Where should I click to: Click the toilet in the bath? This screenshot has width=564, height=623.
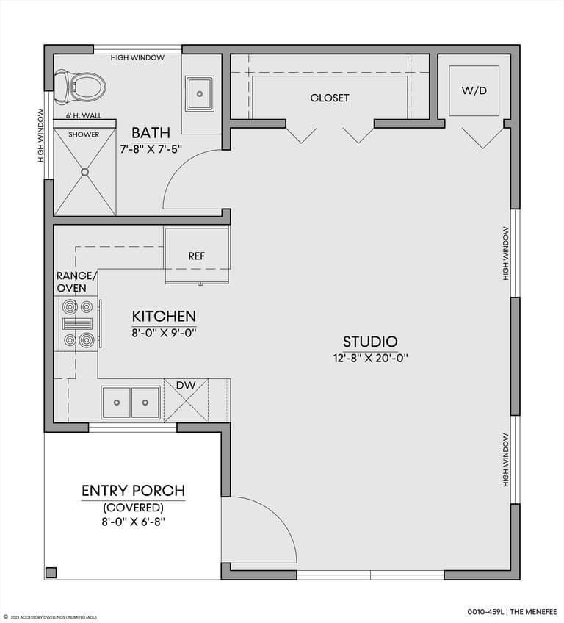pos(80,87)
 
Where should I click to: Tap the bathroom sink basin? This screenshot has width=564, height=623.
pos(200,94)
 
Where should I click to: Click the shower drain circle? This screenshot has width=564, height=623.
pos(84,172)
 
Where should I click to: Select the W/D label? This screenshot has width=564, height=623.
pos(474,90)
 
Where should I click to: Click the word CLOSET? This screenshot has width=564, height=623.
pos(330,98)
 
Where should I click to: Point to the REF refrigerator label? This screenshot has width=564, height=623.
pos(197,256)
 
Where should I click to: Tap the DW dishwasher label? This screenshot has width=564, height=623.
pos(186,385)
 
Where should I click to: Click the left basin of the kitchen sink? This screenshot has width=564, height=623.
pos(116,403)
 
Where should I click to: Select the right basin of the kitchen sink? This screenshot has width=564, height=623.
pos(145,403)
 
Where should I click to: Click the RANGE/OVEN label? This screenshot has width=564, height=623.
pos(76,281)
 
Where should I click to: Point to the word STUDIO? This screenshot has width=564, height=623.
pos(370,342)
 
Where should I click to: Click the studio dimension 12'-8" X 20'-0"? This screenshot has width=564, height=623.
pos(371,358)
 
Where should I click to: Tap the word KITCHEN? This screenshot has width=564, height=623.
pos(164,316)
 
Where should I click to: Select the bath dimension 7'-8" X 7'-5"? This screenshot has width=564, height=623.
pos(151,149)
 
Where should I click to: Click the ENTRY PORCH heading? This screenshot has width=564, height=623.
pos(134,491)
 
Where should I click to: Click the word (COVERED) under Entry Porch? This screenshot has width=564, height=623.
pos(134,508)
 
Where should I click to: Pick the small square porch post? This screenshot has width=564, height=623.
pos(51,572)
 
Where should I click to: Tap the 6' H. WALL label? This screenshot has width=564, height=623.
pos(84,115)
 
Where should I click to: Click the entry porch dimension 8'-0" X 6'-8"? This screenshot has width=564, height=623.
pos(134,522)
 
